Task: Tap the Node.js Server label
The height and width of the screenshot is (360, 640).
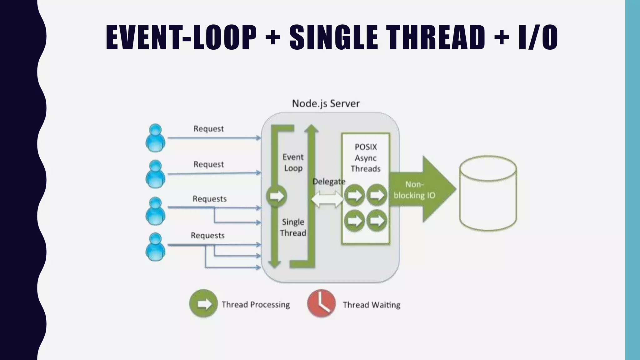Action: pyautogui.click(x=326, y=103)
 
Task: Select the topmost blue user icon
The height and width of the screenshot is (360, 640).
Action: pyautogui.click(x=155, y=138)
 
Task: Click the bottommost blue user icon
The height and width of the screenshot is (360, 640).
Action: pyautogui.click(x=155, y=247)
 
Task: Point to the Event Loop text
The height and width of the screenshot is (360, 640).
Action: pyautogui.click(x=293, y=162)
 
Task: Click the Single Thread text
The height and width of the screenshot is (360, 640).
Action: pyautogui.click(x=293, y=227)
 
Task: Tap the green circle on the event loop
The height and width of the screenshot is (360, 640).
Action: pyautogui.click(x=276, y=196)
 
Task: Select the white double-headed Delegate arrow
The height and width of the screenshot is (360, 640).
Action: pyautogui.click(x=327, y=199)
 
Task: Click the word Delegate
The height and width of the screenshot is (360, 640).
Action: pyautogui.click(x=329, y=182)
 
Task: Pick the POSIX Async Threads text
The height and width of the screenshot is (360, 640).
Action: pyautogui.click(x=366, y=158)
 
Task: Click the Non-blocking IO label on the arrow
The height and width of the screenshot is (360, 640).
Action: pyautogui.click(x=414, y=190)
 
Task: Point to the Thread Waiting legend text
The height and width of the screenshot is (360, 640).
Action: pyautogui.click(x=371, y=305)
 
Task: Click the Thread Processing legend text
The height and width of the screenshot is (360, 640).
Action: pyautogui.click(x=256, y=305)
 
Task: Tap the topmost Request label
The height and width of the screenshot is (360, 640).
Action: pyautogui.click(x=208, y=129)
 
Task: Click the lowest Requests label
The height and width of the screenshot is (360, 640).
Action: pyautogui.click(x=207, y=235)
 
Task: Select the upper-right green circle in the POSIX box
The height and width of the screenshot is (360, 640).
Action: pyautogui.click(x=377, y=195)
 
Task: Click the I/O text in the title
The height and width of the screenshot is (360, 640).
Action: pyautogui.click(x=538, y=37)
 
